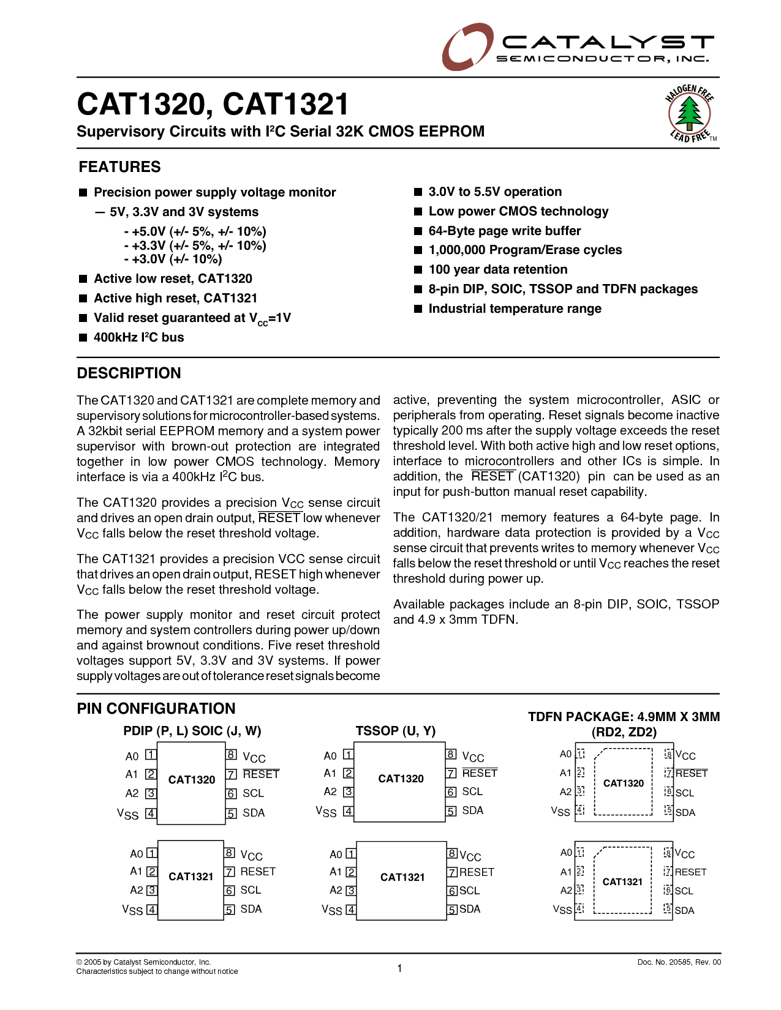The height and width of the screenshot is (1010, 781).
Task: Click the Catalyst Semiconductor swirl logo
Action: click(x=467, y=47)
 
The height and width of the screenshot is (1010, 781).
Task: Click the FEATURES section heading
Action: click(x=119, y=167)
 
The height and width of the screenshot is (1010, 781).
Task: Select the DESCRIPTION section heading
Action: click(x=129, y=373)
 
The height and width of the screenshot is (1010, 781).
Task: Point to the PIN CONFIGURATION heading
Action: click(x=156, y=709)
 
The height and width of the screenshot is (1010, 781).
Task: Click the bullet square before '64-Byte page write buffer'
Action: click(x=418, y=231)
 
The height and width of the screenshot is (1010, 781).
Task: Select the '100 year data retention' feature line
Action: click(x=497, y=270)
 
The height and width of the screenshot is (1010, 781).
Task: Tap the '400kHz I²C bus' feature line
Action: click(x=138, y=338)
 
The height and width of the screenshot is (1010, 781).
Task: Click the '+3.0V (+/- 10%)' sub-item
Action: click(x=173, y=259)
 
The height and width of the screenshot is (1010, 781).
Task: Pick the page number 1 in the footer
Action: click(x=399, y=968)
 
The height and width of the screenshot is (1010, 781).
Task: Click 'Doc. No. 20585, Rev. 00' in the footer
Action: click(x=679, y=962)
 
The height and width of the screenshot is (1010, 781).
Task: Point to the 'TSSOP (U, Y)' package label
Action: click(x=395, y=731)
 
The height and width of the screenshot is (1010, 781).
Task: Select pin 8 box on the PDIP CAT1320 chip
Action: click(x=232, y=755)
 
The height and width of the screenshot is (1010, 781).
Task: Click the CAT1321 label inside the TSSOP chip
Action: click(x=402, y=877)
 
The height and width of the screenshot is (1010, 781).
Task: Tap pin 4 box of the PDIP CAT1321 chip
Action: click(x=152, y=910)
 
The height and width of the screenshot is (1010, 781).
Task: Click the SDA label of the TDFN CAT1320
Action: click(x=685, y=813)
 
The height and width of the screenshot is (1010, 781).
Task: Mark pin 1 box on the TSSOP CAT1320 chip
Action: click(x=348, y=755)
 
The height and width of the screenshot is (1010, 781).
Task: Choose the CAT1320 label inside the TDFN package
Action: click(x=624, y=784)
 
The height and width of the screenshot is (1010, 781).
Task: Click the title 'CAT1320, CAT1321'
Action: click(x=213, y=105)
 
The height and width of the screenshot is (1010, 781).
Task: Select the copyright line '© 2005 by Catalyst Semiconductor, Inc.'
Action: click(x=143, y=962)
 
